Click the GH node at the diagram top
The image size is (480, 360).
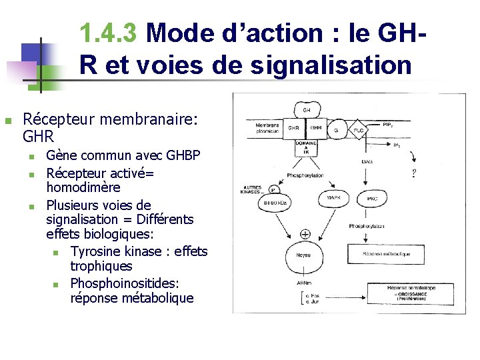(x=307, y=109)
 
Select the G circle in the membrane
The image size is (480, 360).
(x=336, y=131)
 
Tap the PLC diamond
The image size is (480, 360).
(x=359, y=131)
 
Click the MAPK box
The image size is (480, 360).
(x=334, y=198)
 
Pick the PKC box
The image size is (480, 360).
(x=372, y=198)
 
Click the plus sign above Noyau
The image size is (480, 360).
(x=305, y=234)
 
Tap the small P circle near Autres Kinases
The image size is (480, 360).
(x=274, y=189)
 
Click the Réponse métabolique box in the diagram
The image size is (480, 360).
(x=387, y=253)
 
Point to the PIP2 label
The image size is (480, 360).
(x=387, y=125)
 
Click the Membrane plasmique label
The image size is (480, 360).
(x=267, y=128)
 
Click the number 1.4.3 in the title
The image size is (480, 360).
(x=108, y=32)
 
